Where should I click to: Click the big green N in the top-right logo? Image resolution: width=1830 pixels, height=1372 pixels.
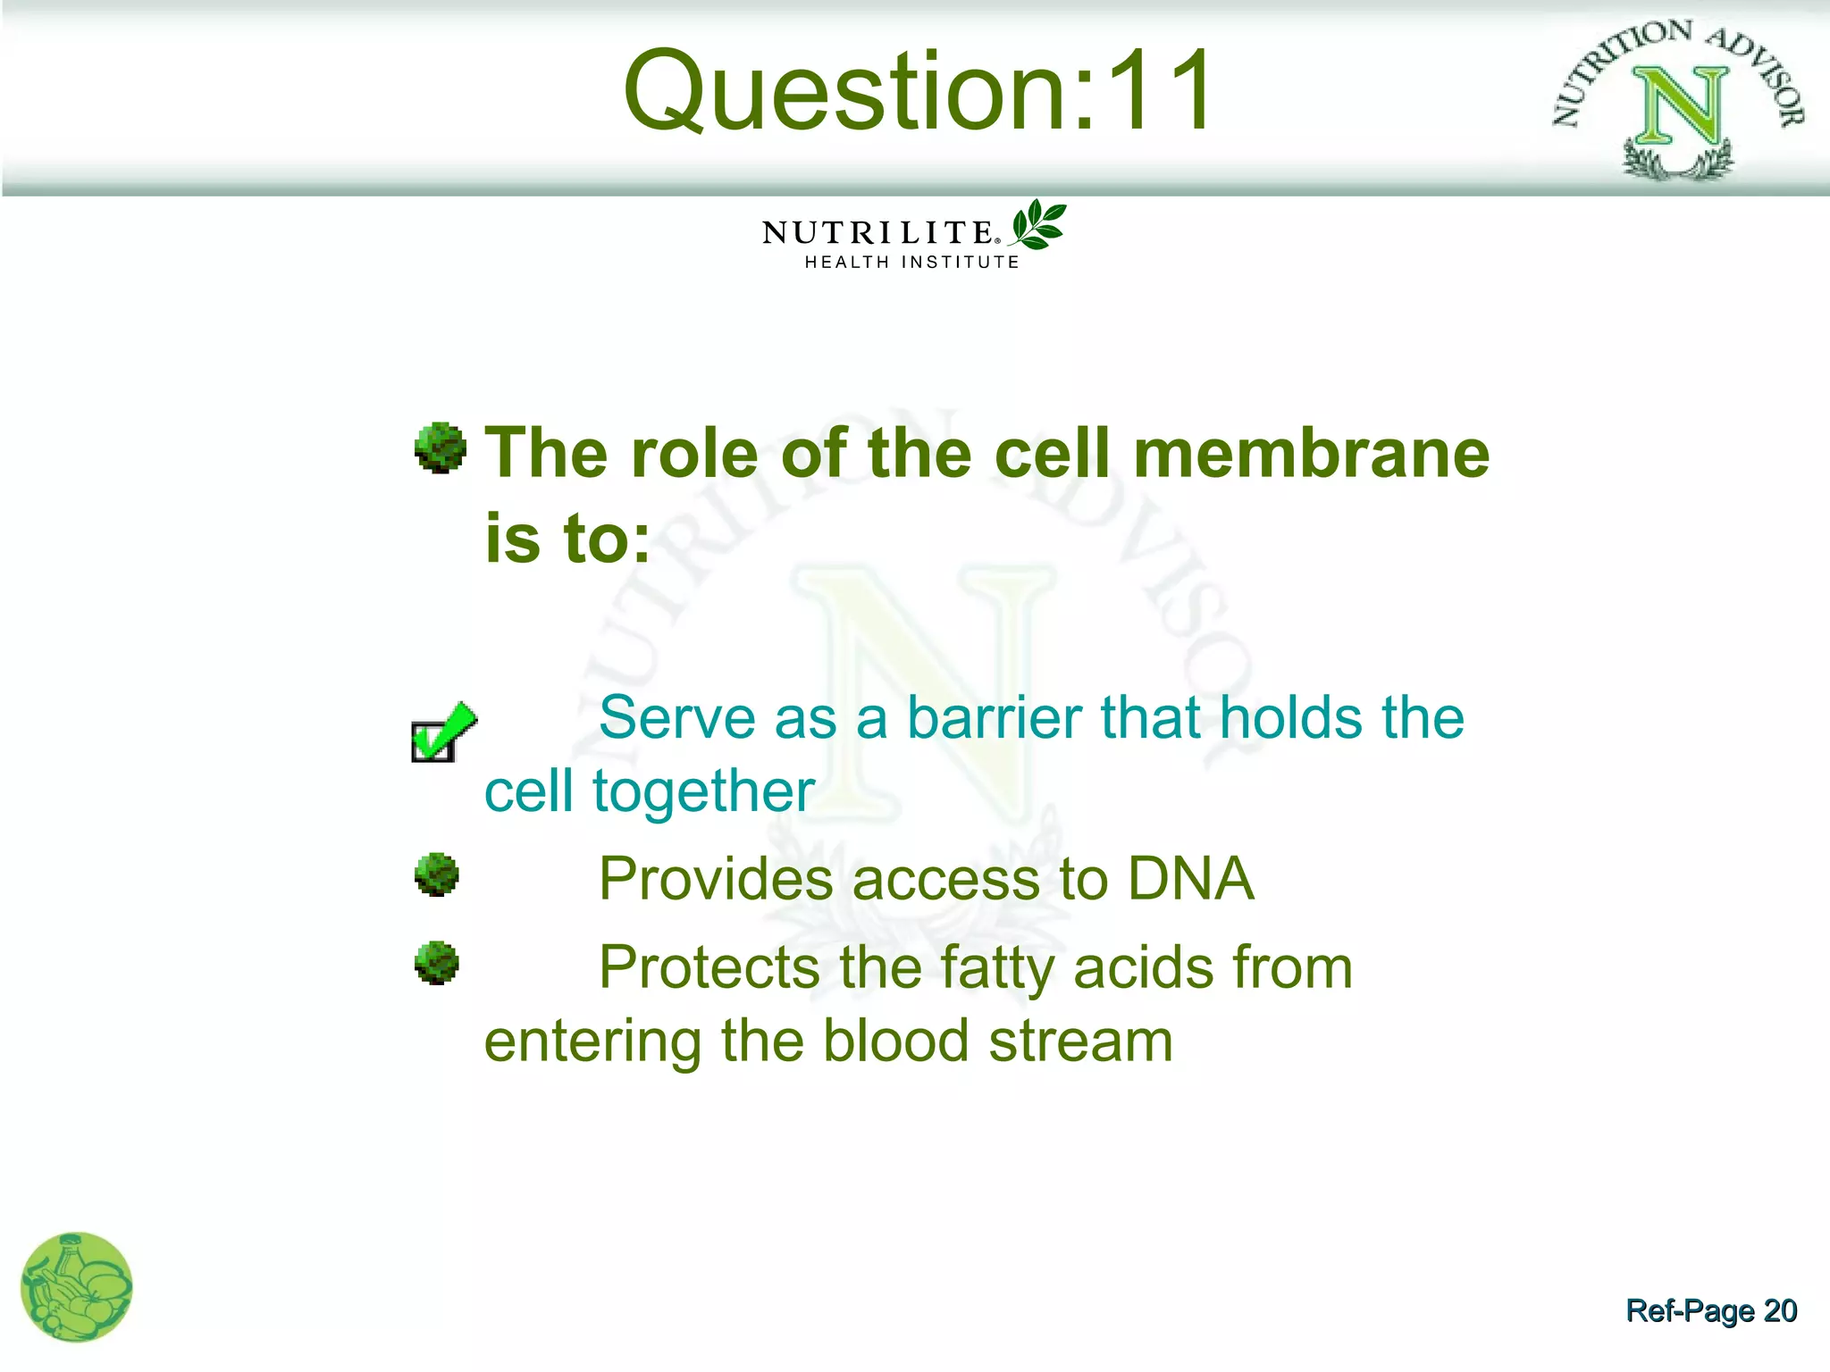coord(1677,106)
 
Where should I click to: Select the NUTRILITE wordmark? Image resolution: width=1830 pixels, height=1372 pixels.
coord(878,232)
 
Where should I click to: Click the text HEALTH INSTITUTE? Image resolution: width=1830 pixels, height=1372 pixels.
coord(911,263)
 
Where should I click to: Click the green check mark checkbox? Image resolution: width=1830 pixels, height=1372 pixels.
coord(441,732)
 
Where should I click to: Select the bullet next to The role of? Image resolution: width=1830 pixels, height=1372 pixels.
coord(441,448)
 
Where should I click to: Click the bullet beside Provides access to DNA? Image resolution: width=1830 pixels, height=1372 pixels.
coord(437,874)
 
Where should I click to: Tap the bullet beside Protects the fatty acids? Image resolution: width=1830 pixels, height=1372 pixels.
coord(437,963)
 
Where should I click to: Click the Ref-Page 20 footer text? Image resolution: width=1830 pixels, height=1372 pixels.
coord(1710,1310)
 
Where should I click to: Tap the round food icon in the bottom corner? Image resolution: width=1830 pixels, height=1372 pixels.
coord(77,1287)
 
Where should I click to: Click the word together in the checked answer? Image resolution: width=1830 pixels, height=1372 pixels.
coord(703,791)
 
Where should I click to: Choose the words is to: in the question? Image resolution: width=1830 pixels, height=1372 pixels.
coord(567,540)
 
